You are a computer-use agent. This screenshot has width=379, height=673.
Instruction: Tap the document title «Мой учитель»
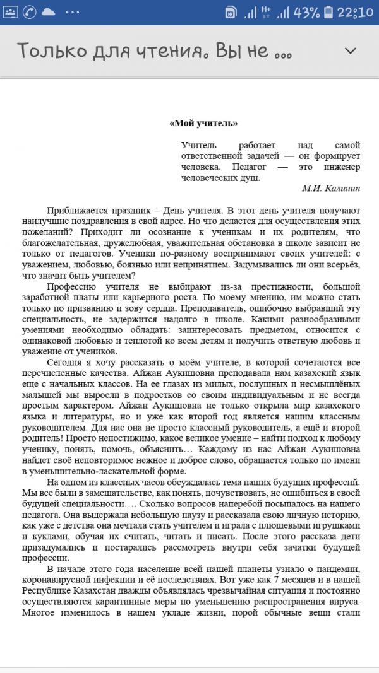pyautogui.click(x=203, y=123)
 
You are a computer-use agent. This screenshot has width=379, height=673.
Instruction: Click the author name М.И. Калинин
pyautogui.click(x=331, y=188)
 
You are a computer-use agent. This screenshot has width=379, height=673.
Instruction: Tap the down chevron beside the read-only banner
pyautogui.click(x=349, y=50)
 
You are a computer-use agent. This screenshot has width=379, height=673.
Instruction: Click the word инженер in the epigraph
pyautogui.click(x=339, y=167)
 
